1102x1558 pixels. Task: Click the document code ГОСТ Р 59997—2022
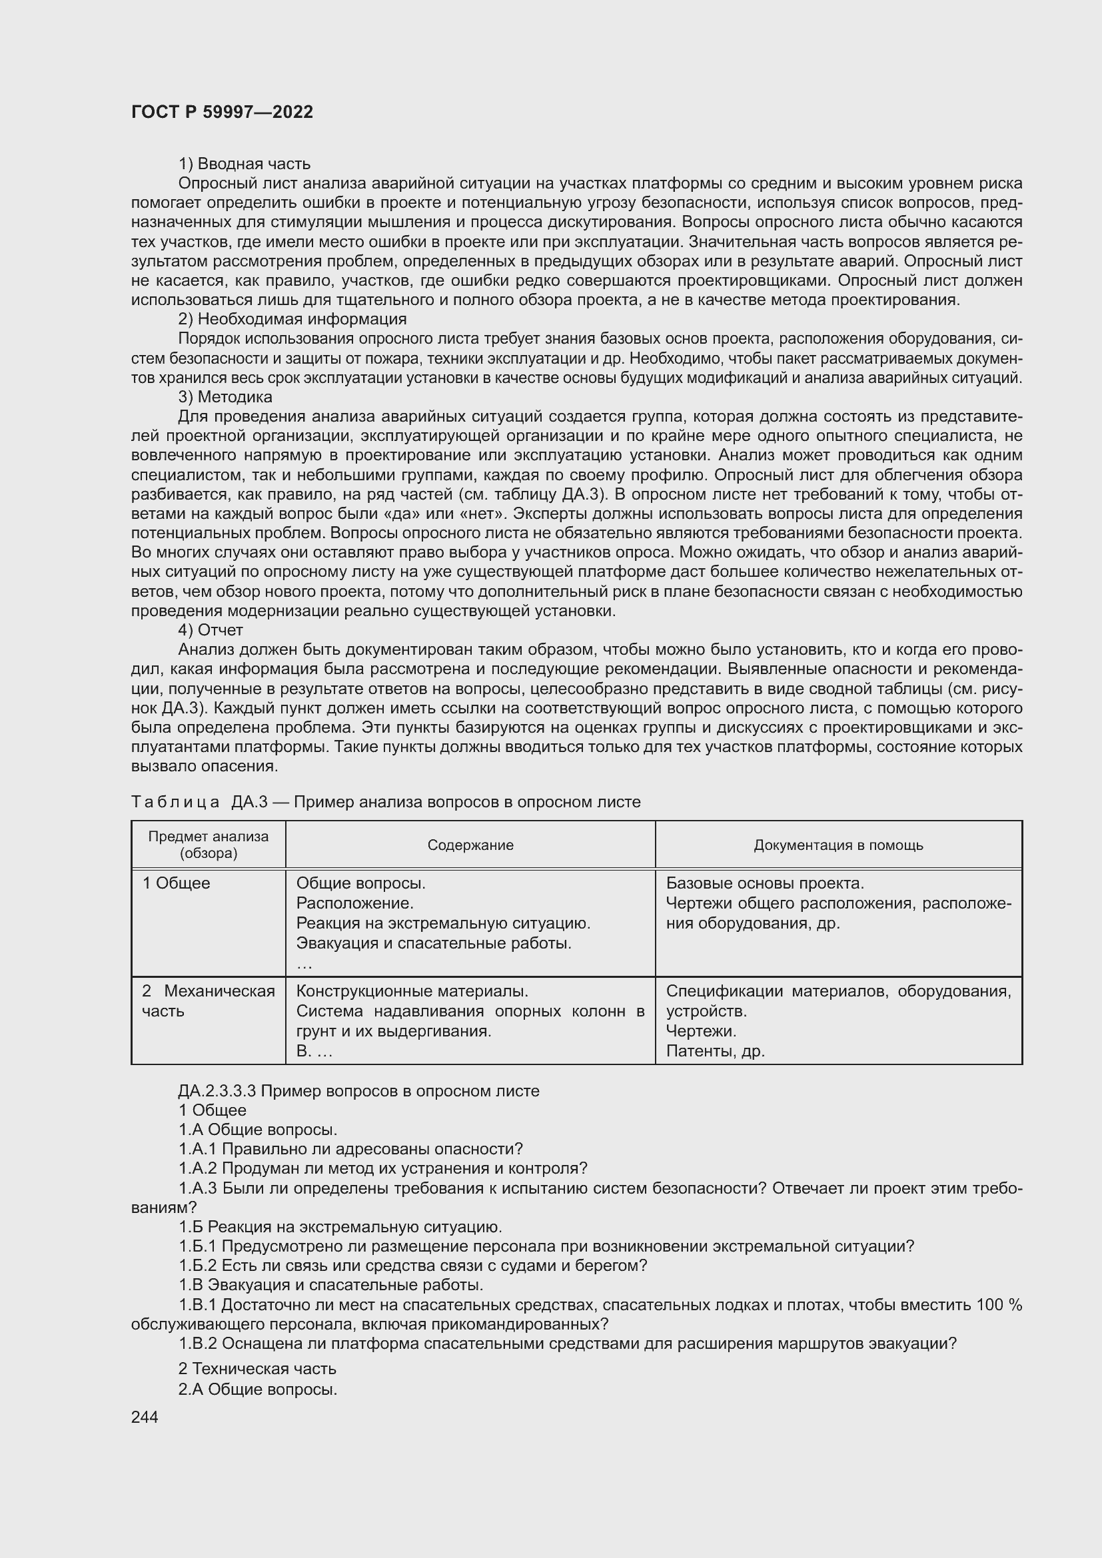point(222,113)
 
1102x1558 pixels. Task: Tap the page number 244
point(145,1417)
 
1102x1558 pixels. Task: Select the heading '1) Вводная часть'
point(245,164)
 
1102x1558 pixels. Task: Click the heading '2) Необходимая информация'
point(292,319)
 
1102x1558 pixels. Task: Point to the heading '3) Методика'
point(225,397)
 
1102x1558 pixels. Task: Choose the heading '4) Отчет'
point(211,630)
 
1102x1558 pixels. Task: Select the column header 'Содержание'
point(470,845)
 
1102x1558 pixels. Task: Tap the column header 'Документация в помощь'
point(838,845)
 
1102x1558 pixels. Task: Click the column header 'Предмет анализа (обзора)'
point(209,845)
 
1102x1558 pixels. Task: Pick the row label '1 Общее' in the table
point(177,883)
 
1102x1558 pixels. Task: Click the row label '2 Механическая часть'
point(208,1001)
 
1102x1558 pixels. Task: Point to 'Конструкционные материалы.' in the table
point(412,991)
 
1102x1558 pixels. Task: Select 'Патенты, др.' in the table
point(715,1051)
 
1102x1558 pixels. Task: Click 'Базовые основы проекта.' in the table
point(765,883)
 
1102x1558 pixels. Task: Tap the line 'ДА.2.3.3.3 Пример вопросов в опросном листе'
point(359,1091)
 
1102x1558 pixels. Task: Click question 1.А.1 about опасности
point(351,1149)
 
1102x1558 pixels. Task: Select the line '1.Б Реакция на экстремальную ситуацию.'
point(340,1227)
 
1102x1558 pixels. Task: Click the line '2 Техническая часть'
point(257,1368)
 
